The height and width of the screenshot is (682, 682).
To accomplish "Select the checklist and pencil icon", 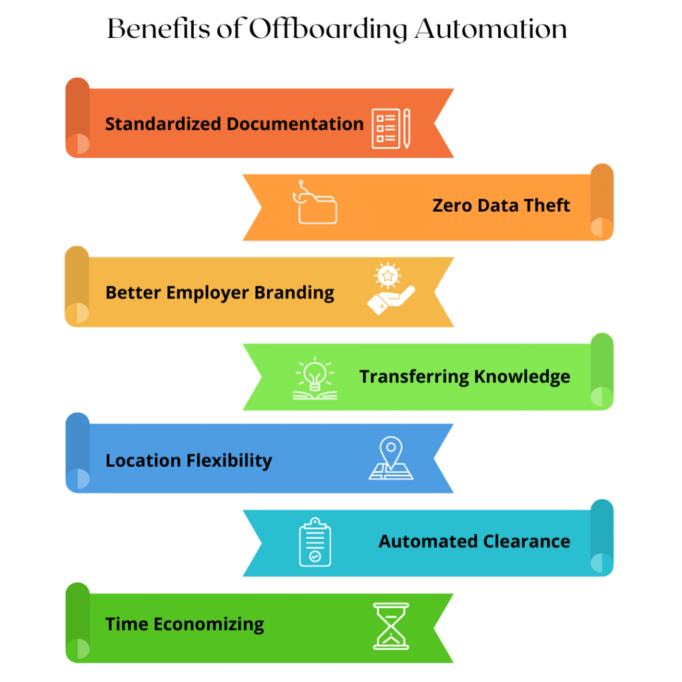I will coord(391,128).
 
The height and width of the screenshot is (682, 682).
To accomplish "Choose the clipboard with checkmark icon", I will coord(315,542).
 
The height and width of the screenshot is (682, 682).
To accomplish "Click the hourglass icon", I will coord(391,625).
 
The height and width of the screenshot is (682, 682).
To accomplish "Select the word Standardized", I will coord(163,124).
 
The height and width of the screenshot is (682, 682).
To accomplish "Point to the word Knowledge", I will coord(522,377).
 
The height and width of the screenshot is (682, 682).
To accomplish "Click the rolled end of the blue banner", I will coord(77,452).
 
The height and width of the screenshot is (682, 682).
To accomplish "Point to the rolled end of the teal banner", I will coord(601,537).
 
